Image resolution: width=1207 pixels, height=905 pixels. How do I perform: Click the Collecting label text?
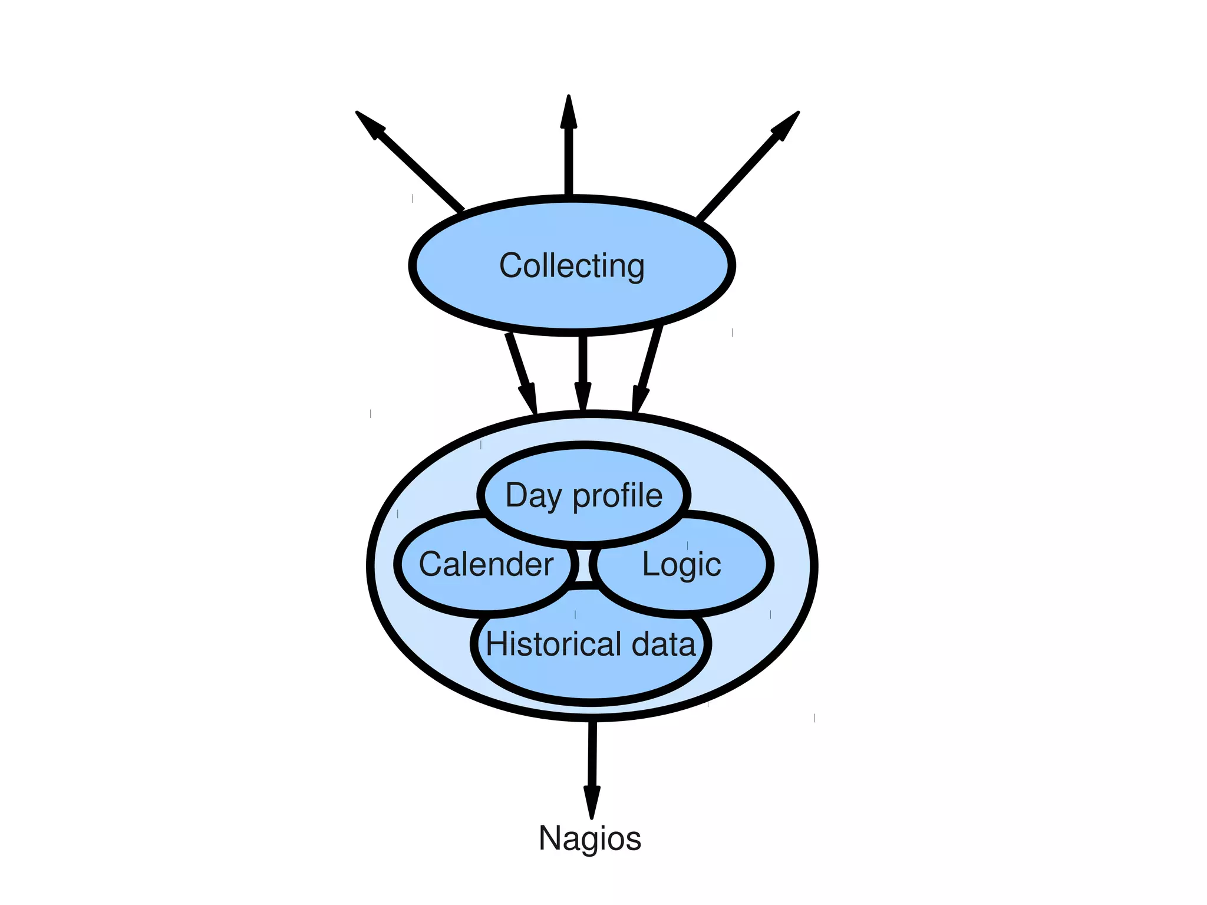pos(572,266)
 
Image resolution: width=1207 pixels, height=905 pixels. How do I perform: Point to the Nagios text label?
pos(590,838)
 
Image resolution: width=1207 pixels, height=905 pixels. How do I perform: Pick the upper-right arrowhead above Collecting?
pos(786,125)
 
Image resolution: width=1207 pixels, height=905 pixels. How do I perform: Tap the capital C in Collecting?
pos(512,265)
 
